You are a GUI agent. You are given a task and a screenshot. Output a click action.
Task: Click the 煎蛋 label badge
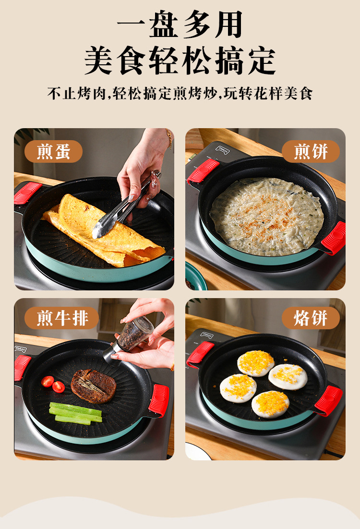pyautogui.click(x=53, y=152)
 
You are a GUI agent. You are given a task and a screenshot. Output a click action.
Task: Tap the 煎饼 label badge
pyautogui.click(x=311, y=152)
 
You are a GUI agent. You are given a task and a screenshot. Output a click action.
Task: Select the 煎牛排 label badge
pyautogui.click(x=61, y=318)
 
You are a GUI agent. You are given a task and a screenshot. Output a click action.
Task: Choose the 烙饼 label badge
pyautogui.click(x=311, y=318)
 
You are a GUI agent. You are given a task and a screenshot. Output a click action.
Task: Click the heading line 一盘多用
pyautogui.click(x=180, y=24)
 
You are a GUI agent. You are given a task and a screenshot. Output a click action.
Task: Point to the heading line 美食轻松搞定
pyautogui.click(x=180, y=60)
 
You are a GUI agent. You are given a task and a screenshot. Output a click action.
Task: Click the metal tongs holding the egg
pyautogui.click(x=120, y=211)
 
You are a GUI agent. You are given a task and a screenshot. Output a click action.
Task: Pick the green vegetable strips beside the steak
pyautogui.click(x=75, y=414)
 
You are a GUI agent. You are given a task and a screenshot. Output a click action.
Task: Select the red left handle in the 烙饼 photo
pyautogui.click(x=200, y=354)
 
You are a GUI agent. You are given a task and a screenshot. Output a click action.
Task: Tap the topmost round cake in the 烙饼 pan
pyautogui.click(x=256, y=363)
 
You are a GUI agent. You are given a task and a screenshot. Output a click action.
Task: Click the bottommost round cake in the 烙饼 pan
pyautogui.click(x=270, y=404)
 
